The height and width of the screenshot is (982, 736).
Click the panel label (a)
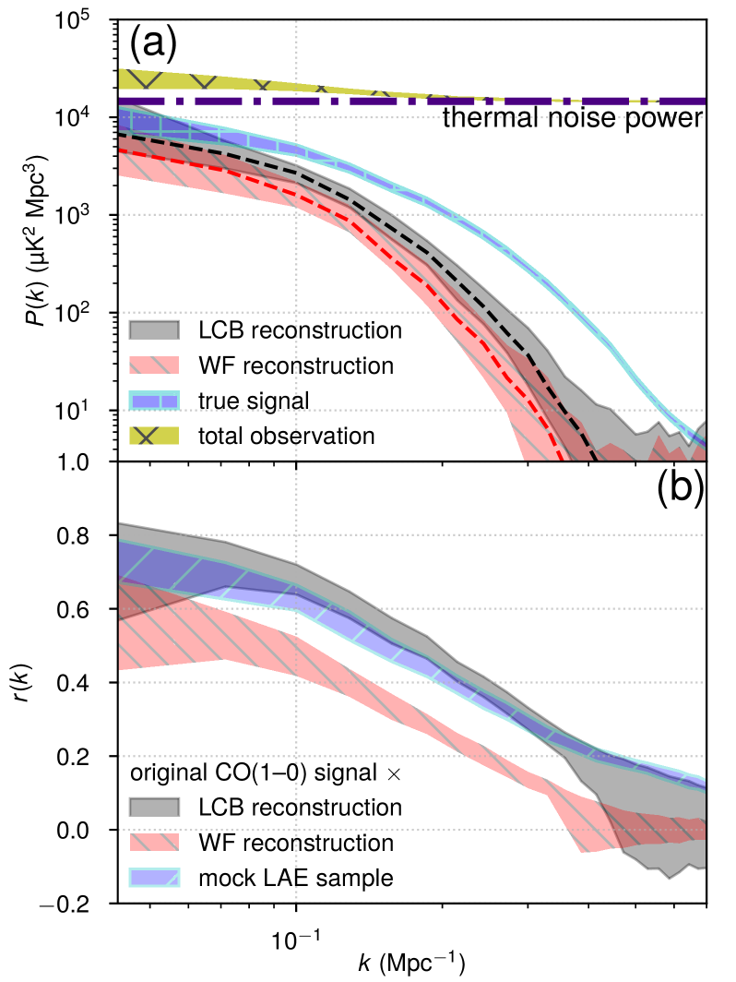tap(153, 42)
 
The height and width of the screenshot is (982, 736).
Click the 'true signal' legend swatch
tap(154, 401)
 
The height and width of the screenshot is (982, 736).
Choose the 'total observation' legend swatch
tap(154, 436)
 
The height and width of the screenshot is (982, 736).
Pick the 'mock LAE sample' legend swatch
tap(154, 878)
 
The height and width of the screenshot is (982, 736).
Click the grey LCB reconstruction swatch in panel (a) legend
tap(154, 330)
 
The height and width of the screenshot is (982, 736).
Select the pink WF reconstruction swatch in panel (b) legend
tap(154, 843)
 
